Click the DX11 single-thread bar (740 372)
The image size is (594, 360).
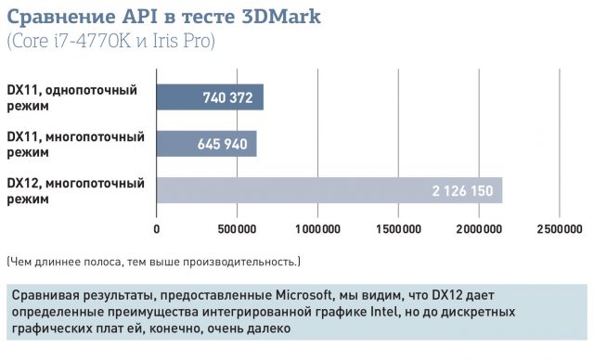pyautogui.click(x=210, y=97)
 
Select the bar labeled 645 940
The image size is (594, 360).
pyautogui.click(x=206, y=144)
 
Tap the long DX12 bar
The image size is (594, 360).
pyautogui.click(x=329, y=190)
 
